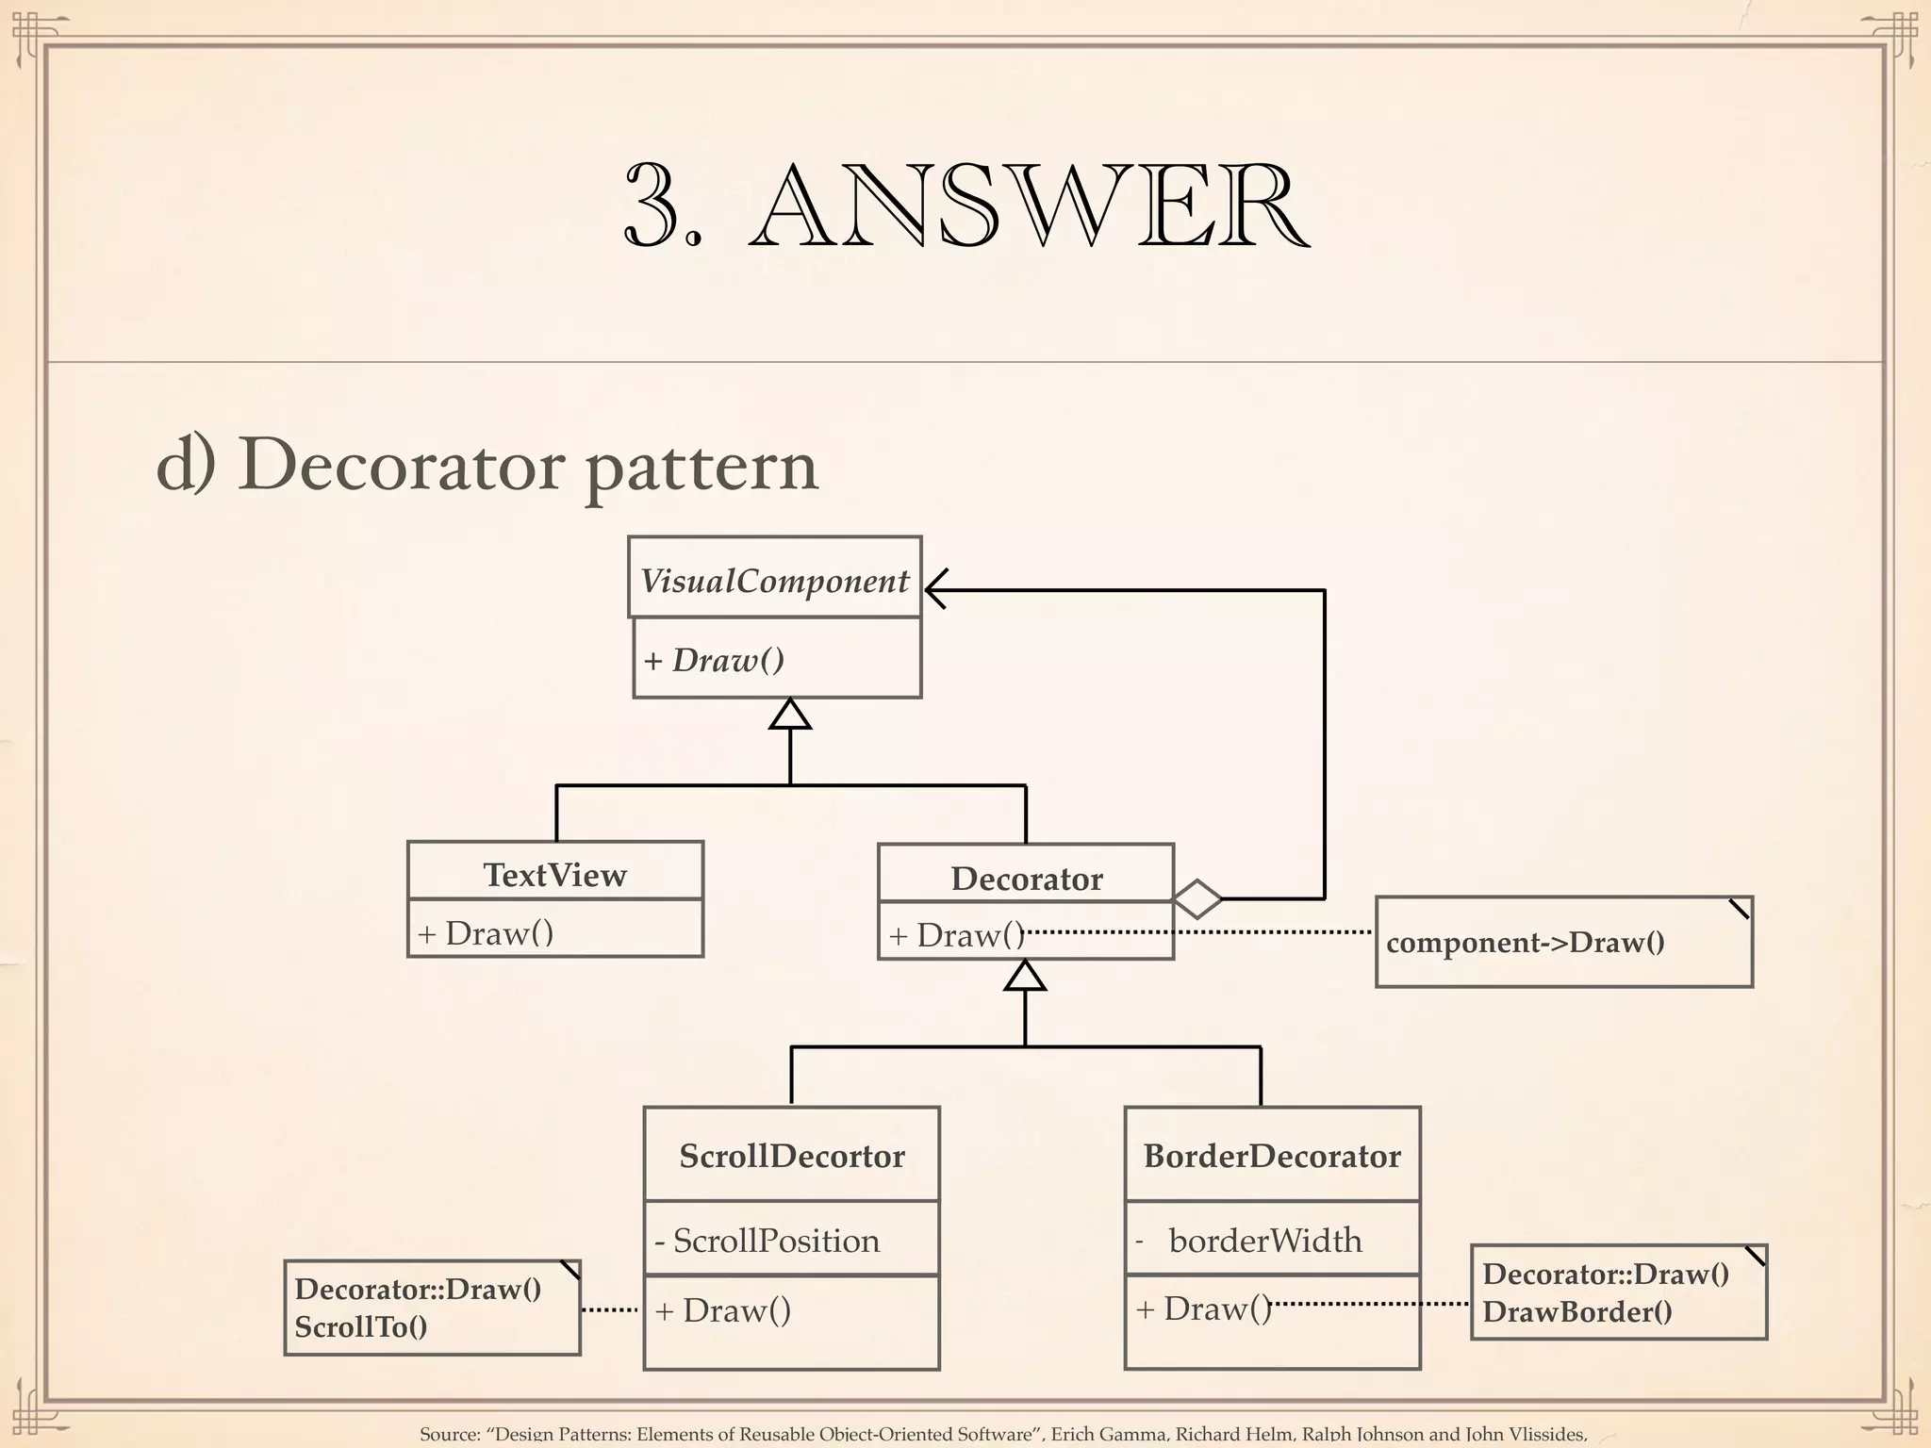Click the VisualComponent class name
coord(774,581)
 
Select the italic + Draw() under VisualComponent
coord(714,660)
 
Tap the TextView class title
coord(554,875)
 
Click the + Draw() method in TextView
coord(486,933)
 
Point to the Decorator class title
coord(1026,879)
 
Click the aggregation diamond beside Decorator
coord(1197,899)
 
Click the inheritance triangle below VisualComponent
coord(790,716)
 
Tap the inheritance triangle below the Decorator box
coord(1025,977)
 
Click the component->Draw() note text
coord(1525,943)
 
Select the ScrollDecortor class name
coord(792,1156)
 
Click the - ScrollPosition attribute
coord(767,1241)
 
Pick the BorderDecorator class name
coord(1272,1156)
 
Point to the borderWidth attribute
coord(1264,1241)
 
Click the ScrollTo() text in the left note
coord(360,1327)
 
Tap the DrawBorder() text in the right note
coord(1576,1312)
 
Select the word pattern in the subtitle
coord(701,466)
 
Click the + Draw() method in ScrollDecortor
coord(723,1310)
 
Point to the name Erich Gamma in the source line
coord(1108,1434)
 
